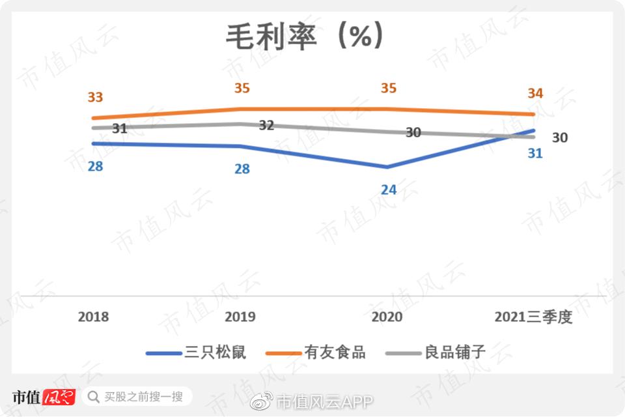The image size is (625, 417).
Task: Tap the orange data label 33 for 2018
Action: tap(95, 98)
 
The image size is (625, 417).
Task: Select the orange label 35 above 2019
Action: tap(242, 89)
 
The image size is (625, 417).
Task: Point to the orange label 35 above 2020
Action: tap(389, 89)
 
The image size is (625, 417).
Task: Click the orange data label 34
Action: tap(535, 94)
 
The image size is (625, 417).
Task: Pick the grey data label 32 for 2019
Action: tap(266, 126)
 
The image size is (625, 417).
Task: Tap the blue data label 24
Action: tap(389, 190)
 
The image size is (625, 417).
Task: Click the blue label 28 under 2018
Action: tap(95, 166)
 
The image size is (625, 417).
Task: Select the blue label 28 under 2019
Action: tap(242, 169)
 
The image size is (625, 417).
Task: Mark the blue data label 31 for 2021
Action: tap(535, 154)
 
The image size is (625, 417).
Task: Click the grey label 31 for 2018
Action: tap(119, 129)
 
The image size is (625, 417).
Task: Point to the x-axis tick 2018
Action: tap(94, 317)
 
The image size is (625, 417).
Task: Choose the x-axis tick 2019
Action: tap(240, 317)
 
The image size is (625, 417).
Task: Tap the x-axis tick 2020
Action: tap(387, 317)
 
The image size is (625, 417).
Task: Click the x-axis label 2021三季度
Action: tap(533, 317)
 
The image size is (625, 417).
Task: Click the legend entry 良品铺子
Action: tap(455, 353)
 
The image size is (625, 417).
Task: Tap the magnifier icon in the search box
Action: tap(94, 397)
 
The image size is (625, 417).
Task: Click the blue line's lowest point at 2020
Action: tap(387, 167)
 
